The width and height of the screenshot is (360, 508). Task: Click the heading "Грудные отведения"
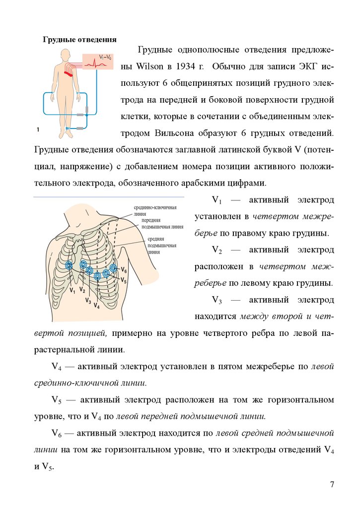(79, 39)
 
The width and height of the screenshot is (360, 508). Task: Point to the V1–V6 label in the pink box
(105, 57)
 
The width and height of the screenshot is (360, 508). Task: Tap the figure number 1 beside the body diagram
(38, 129)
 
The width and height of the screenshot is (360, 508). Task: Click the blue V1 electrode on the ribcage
(69, 265)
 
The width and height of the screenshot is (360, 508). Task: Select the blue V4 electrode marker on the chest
(98, 275)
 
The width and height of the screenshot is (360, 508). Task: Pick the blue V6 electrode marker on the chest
(114, 268)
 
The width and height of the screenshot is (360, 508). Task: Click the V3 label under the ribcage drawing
(87, 300)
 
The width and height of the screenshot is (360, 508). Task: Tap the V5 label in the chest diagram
(124, 281)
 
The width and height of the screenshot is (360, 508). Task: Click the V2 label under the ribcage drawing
(82, 290)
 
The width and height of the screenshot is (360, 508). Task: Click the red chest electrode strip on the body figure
(68, 71)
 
